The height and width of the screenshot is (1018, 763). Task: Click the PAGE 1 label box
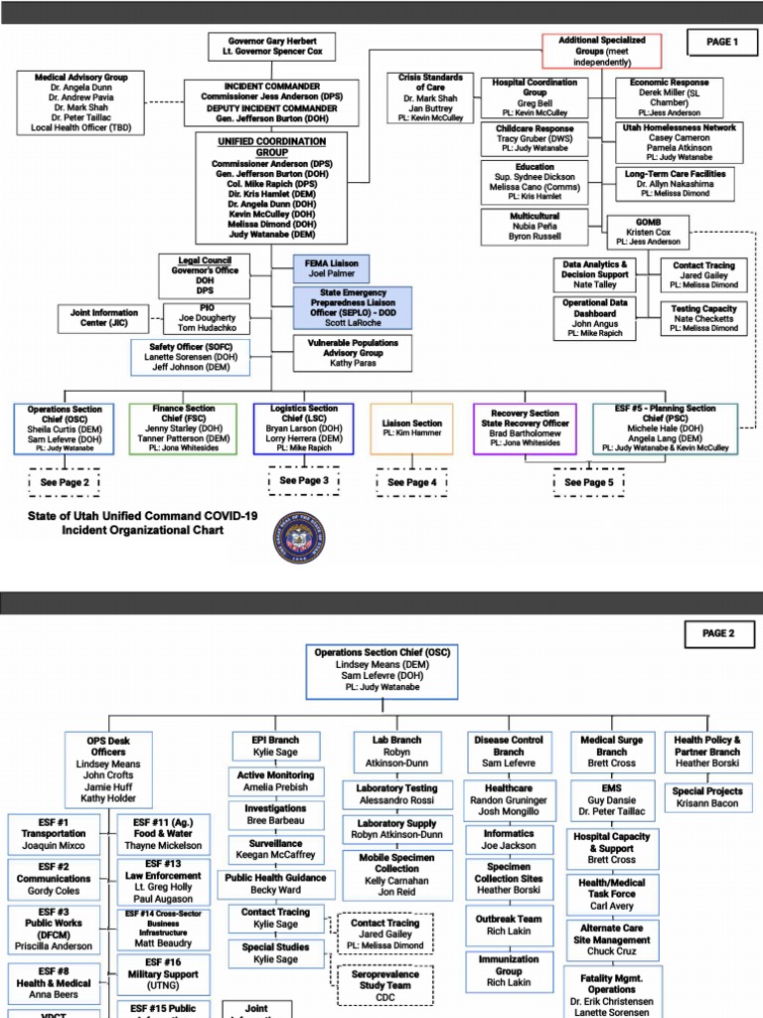tap(721, 42)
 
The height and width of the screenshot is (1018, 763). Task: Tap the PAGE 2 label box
tap(718, 633)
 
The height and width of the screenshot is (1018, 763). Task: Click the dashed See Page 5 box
tap(589, 482)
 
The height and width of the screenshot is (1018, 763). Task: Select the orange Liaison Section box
tap(412, 428)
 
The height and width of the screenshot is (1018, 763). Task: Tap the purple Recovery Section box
tap(526, 427)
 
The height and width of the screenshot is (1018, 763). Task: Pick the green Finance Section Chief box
tap(184, 428)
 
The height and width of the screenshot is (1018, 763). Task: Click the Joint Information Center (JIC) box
tap(104, 319)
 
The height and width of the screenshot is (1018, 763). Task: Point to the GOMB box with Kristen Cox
tap(648, 232)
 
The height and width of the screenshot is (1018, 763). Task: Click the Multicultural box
tap(534, 227)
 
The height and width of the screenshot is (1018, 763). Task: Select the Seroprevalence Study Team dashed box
tap(384, 985)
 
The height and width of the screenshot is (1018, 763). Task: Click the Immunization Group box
tap(509, 971)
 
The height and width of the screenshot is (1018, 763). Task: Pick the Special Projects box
tap(707, 797)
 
